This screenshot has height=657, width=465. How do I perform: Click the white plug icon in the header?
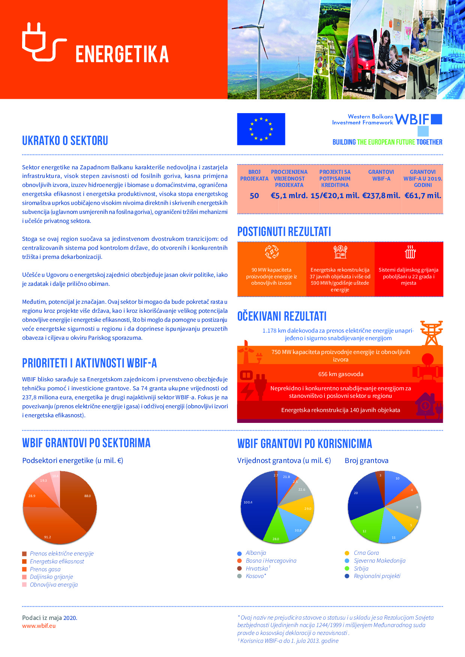click(x=43, y=42)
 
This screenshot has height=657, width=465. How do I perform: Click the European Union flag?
click(x=261, y=129)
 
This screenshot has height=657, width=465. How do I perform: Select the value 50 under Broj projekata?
click(x=254, y=196)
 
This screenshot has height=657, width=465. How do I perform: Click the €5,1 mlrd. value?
click(x=289, y=196)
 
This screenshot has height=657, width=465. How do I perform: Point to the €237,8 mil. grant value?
click(x=381, y=196)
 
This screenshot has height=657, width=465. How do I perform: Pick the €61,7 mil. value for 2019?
click(x=423, y=196)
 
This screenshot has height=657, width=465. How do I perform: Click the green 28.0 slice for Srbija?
click(x=277, y=530)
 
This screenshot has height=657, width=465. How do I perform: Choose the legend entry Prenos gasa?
click(x=45, y=569)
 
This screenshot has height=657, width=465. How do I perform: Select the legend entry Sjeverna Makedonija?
click(x=379, y=561)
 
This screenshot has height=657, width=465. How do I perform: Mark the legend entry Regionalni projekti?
click(x=377, y=576)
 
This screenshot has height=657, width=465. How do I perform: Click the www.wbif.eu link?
click(x=39, y=626)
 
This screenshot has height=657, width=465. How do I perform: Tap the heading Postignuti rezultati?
click(x=284, y=231)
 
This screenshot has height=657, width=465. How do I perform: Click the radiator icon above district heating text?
click(x=410, y=252)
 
